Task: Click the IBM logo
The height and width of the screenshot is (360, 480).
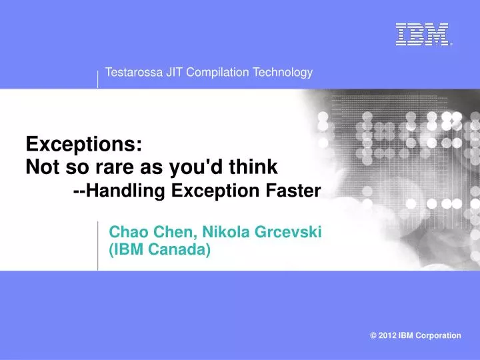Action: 421,35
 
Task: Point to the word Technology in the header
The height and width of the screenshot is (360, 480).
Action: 280,73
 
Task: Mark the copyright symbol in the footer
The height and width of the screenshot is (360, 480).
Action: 373,335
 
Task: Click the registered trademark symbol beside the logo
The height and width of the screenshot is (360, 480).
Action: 451,44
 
